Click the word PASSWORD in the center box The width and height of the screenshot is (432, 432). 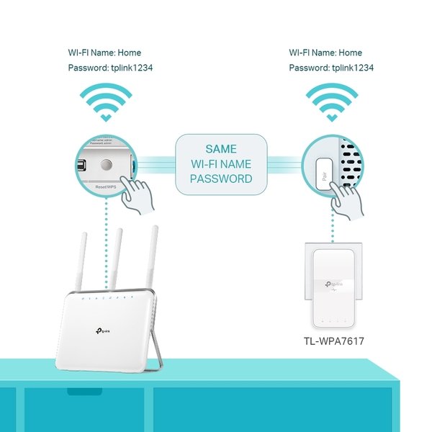pos(224,178)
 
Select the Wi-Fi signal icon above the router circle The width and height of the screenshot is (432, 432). pos(106,102)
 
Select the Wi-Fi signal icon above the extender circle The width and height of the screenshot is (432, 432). pos(332,102)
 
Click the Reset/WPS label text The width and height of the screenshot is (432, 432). pos(100,185)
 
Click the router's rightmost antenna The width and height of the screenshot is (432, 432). pos(152,256)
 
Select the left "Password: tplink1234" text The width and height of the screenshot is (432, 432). pos(109,68)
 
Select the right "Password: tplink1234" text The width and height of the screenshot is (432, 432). pos(331,68)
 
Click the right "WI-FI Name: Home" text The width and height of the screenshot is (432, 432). pos(325,53)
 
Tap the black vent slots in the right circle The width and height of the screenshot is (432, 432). pos(349,158)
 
